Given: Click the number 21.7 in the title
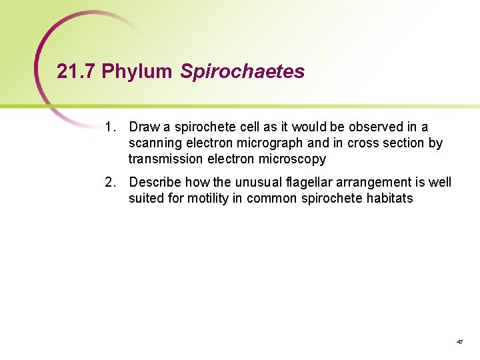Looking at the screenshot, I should tap(77, 71).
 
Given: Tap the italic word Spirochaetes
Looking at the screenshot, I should tap(243, 72).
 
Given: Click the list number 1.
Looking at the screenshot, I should tap(110, 127).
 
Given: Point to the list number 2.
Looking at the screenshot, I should tap(110, 182).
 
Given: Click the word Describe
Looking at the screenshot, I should tap(155, 182).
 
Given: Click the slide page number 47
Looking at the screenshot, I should tap(459, 341).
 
